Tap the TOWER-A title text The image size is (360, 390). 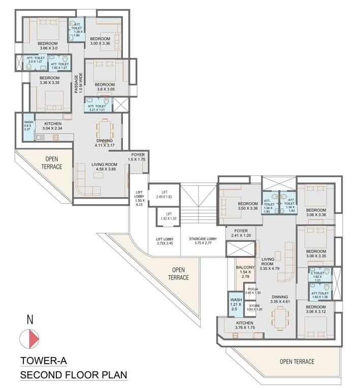click(43, 362)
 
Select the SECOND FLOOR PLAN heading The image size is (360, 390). click(73, 376)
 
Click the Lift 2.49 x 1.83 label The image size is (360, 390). click(164, 194)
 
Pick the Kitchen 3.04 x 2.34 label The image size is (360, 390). click(53, 126)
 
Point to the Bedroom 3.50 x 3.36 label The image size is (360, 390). click(248, 206)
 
